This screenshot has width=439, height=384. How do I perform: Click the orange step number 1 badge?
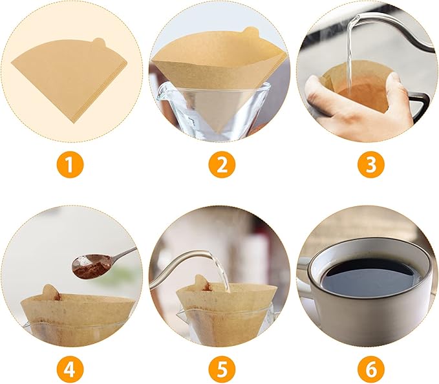tap(72, 165)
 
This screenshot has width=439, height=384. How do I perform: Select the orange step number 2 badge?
tap(221, 165)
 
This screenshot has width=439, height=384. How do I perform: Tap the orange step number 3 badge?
tap(370, 165)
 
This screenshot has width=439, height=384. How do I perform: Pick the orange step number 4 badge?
tap(72, 370)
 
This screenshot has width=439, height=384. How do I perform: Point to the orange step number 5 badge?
tap(221, 370)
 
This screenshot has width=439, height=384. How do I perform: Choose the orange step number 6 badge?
tap(370, 370)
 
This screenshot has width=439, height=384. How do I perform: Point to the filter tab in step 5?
tap(200, 283)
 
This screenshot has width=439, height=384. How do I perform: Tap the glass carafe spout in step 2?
tap(162, 91)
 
